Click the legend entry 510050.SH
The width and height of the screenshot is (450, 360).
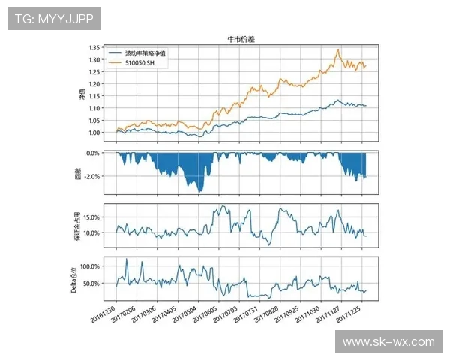pyautogui.click(x=139, y=63)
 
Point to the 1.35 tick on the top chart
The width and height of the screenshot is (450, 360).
pyautogui.click(x=94, y=48)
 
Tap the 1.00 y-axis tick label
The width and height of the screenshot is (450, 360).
pyautogui.click(x=94, y=133)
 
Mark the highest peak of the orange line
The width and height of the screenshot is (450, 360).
pyautogui.click(x=339, y=49)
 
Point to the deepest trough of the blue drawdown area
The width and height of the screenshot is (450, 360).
pyautogui.click(x=199, y=193)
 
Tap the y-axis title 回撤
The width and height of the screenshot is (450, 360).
pyautogui.click(x=79, y=173)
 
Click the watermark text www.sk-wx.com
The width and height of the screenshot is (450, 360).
pyautogui.click(x=388, y=342)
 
